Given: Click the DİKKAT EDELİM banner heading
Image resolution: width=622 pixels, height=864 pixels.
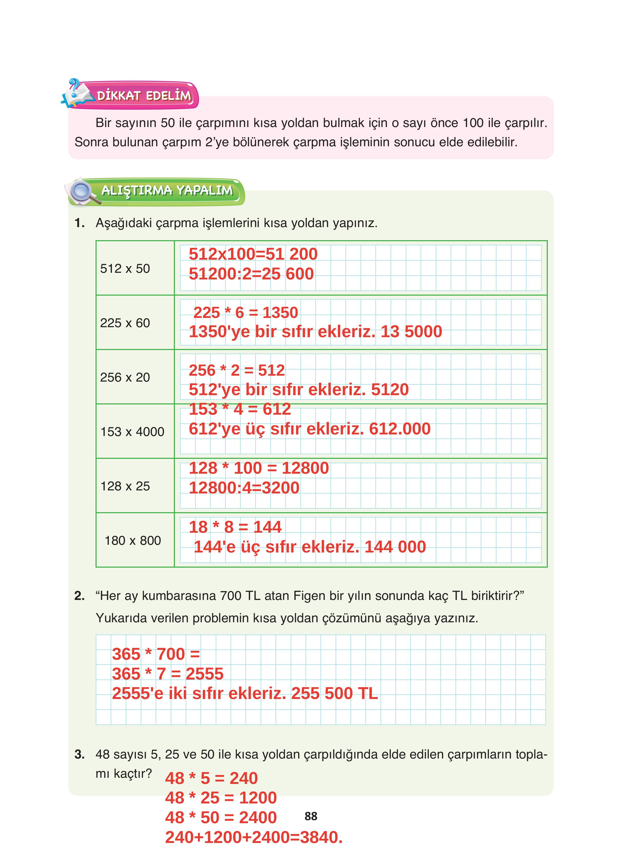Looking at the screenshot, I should (x=144, y=96).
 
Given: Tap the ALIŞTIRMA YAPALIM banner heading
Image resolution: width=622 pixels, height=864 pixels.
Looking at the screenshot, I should (x=167, y=190).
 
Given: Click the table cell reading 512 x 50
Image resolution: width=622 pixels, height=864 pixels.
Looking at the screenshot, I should (x=125, y=269).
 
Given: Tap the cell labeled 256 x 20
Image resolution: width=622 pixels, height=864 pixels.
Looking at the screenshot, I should (x=125, y=377).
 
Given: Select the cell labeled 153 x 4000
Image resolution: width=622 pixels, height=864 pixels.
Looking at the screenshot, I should (x=132, y=432).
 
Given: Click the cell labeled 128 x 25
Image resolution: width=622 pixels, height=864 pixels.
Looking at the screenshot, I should (x=125, y=486).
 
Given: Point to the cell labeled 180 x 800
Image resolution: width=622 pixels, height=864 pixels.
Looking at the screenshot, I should (x=133, y=540).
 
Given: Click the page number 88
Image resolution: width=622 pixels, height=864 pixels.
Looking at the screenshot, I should (x=311, y=816).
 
